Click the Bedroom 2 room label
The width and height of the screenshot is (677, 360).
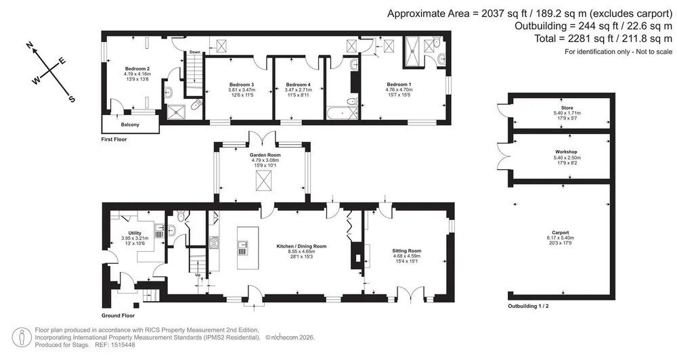(137, 68)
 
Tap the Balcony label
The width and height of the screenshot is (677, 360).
(130, 125)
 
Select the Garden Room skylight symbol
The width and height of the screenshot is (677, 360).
(261, 180)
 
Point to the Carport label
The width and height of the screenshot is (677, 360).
(561, 233)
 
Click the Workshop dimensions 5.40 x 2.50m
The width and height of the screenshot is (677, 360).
(566, 158)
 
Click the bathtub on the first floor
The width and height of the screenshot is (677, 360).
(342, 113)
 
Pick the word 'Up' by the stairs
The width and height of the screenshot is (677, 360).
(198, 275)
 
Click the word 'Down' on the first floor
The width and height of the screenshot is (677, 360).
(195, 52)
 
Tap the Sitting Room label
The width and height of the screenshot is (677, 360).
(407, 251)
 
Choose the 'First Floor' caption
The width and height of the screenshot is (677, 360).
(114, 139)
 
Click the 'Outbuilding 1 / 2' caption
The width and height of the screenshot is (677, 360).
(528, 307)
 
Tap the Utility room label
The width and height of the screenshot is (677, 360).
(135, 233)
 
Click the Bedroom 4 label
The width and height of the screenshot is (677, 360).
(299, 85)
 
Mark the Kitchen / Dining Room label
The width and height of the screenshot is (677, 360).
(301, 246)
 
